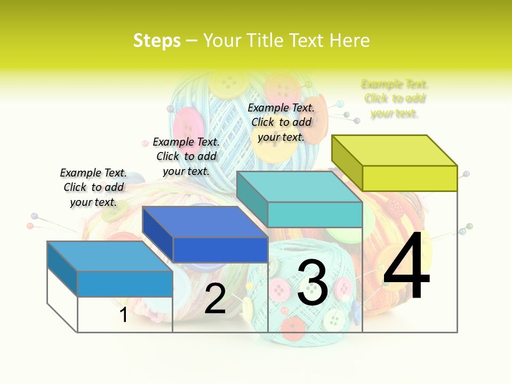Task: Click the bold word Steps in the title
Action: click(157, 41)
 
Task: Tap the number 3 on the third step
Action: click(312, 283)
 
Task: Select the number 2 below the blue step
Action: click(215, 299)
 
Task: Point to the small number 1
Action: click(123, 315)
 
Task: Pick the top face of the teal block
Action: click(299, 187)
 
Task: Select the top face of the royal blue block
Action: click(205, 222)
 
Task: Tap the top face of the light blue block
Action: click(110, 256)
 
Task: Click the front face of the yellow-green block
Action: click(410, 178)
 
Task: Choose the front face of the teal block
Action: click(315, 214)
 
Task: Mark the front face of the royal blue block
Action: click(220, 250)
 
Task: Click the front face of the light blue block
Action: click(125, 284)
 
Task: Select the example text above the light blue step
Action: click(93, 187)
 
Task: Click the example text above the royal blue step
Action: click(186, 156)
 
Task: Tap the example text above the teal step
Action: click(281, 122)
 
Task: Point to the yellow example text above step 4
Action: click(395, 98)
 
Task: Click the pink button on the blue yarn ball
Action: click(188, 124)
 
